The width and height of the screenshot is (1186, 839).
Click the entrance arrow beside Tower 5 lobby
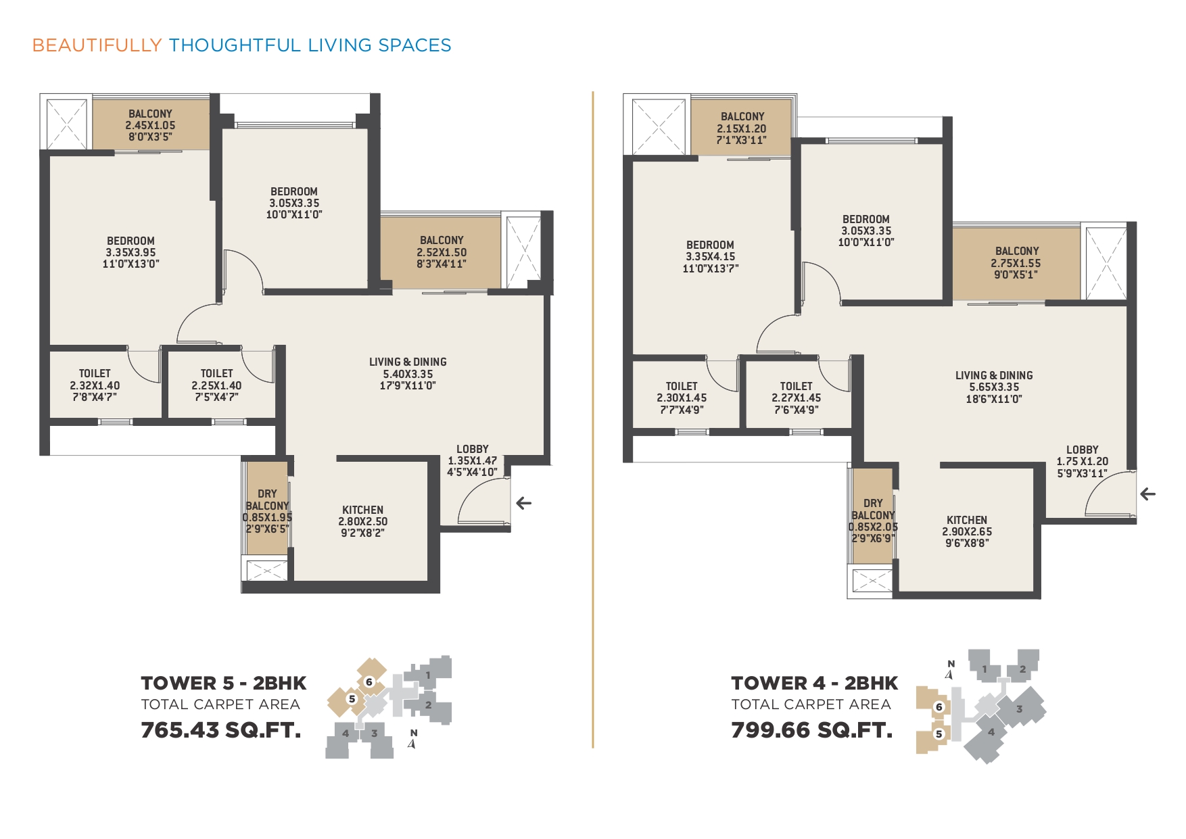pos(524,503)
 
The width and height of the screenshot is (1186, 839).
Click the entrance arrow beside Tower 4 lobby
pos(1147,494)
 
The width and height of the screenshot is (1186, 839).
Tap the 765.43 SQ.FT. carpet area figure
pos(221,730)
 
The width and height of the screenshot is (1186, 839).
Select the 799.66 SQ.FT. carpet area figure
pos(812,730)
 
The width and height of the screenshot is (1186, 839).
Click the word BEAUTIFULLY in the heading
pos(97,45)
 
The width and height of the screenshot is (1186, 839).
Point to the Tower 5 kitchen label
pos(363,510)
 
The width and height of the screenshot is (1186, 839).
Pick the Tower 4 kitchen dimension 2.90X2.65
pos(967,532)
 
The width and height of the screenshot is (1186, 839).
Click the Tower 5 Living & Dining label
pos(408,362)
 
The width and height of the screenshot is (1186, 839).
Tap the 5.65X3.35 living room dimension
pos(994,387)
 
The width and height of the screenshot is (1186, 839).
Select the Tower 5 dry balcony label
pos(267,500)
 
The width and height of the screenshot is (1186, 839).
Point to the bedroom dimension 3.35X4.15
pos(710,257)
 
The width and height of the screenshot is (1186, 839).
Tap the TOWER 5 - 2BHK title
pos(224,684)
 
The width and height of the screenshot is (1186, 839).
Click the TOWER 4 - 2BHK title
pos(815,684)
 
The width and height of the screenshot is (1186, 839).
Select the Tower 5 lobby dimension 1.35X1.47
pos(473,461)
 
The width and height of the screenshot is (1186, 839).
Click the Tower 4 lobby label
pos(1083,450)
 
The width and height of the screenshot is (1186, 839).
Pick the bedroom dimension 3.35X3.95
pos(131,253)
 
